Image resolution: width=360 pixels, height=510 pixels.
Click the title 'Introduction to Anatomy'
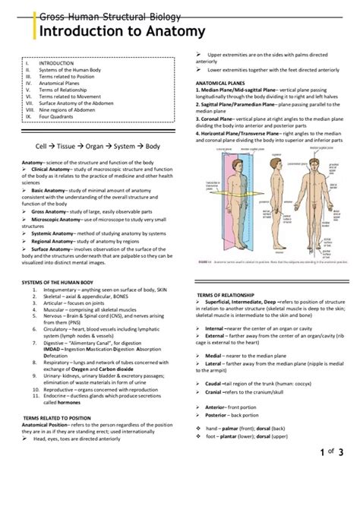[122, 31]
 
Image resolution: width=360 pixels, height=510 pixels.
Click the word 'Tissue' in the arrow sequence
[81, 144]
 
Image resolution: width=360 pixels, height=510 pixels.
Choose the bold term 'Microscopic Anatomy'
[58, 219]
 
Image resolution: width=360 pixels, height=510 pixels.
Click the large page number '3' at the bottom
[341, 453]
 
